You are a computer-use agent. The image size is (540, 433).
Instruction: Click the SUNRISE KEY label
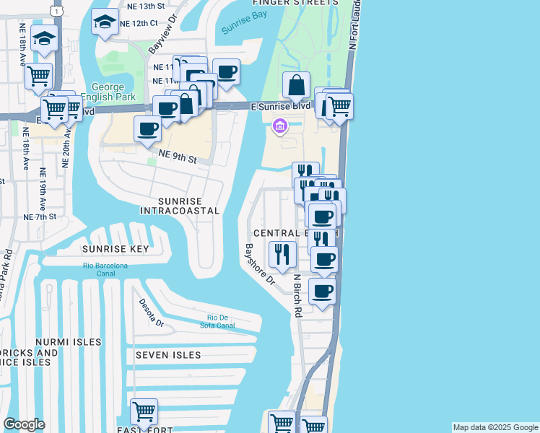(x=116, y=249)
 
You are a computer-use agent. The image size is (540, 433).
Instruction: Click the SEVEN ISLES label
(x=167, y=355)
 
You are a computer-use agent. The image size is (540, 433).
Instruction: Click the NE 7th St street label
(x=40, y=216)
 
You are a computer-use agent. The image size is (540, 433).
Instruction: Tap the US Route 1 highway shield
(x=56, y=10)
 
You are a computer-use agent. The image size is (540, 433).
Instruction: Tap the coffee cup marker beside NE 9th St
(x=148, y=130)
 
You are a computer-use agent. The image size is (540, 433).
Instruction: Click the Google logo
(x=24, y=424)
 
